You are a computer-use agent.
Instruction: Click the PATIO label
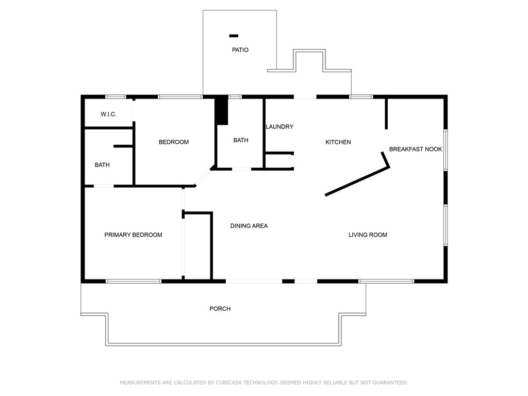pyautogui.click(x=240, y=50)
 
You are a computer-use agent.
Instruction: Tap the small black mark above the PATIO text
pyautogui.click(x=234, y=36)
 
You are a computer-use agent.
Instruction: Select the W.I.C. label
pyautogui.click(x=108, y=114)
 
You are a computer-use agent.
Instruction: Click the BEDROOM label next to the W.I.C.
pyautogui.click(x=174, y=142)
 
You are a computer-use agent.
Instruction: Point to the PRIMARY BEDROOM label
pyautogui.click(x=133, y=235)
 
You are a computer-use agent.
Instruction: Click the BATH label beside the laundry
pyautogui.click(x=241, y=140)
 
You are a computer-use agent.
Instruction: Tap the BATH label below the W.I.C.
pyautogui.click(x=102, y=165)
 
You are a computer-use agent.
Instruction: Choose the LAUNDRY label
pyautogui.click(x=279, y=126)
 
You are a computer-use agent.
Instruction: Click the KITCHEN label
pyautogui.click(x=338, y=142)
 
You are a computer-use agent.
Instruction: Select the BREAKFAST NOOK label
pyautogui.click(x=416, y=149)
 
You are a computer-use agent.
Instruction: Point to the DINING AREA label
pyautogui.click(x=249, y=225)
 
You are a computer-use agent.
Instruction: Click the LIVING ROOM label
pyautogui.click(x=368, y=235)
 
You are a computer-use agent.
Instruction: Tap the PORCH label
pyautogui.click(x=220, y=308)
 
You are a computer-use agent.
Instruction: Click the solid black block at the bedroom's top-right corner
pyautogui.click(x=221, y=110)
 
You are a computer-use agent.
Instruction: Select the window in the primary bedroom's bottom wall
pyautogui.click(x=134, y=281)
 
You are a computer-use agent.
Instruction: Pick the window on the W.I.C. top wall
pyautogui.click(x=116, y=96)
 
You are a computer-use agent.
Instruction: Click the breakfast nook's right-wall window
pyautogui.click(x=445, y=150)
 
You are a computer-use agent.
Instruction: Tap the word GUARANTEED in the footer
pyautogui.click(x=390, y=383)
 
